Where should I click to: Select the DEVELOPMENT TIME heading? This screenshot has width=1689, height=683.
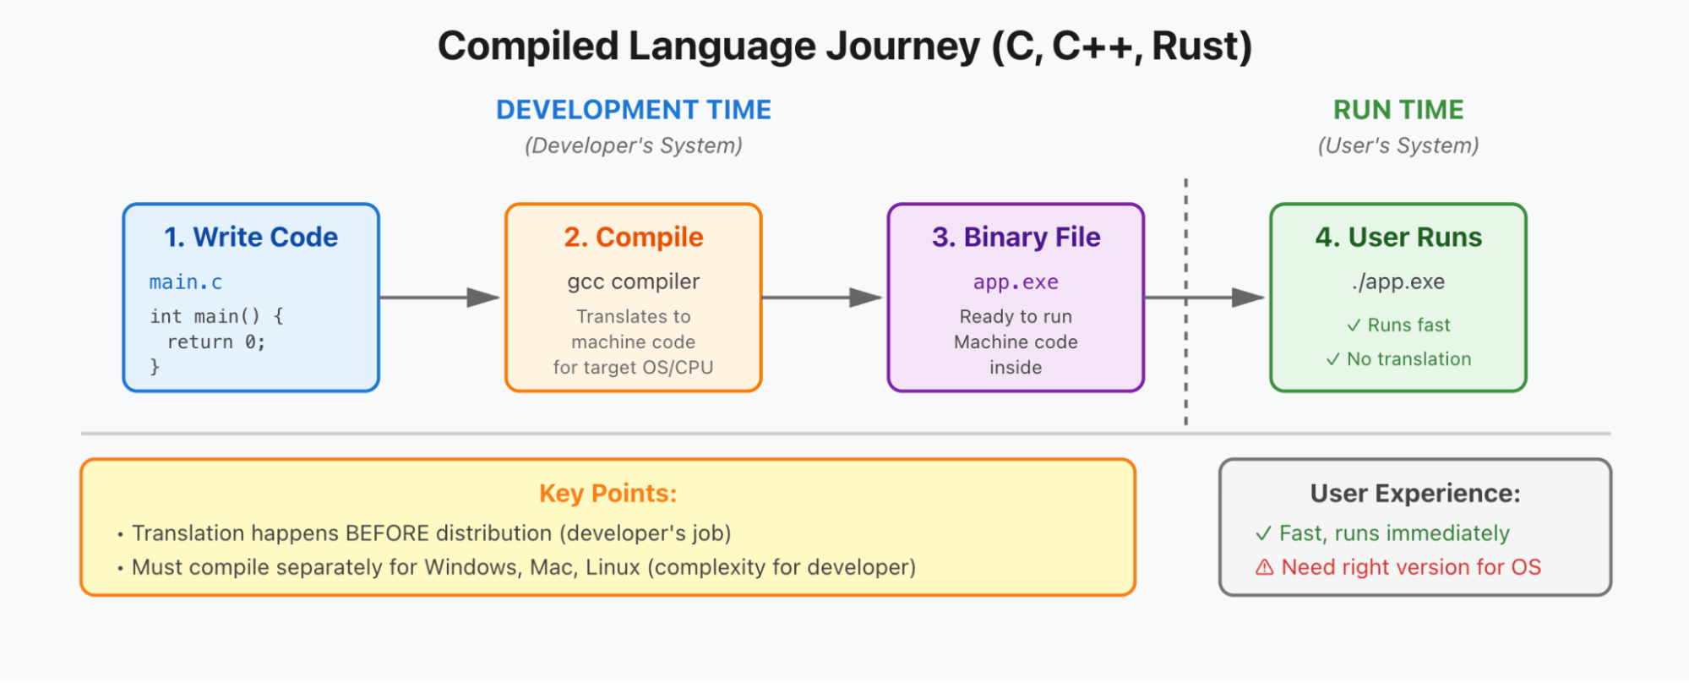point(634,110)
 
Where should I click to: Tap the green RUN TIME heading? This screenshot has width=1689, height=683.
point(1398,110)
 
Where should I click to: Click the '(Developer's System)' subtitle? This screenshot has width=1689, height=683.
point(634,145)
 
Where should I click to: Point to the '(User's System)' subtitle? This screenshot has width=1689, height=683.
point(1398,145)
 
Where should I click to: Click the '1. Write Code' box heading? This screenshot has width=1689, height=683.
point(251,237)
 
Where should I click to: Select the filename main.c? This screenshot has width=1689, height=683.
point(186,282)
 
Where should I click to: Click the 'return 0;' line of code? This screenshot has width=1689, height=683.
point(216,342)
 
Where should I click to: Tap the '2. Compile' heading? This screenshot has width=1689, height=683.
point(634,237)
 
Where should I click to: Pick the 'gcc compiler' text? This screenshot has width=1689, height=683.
point(634,281)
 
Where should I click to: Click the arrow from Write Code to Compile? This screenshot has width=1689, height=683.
point(439,298)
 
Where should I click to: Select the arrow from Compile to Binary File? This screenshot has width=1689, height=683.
point(822,298)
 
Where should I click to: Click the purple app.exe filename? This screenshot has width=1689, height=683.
point(1016,282)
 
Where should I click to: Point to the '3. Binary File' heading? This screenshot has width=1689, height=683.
point(1016,237)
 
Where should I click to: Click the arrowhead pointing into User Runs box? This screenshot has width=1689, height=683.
point(1248,298)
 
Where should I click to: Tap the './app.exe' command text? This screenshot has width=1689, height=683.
point(1398,281)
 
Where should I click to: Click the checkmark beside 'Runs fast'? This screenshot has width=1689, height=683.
point(1354,325)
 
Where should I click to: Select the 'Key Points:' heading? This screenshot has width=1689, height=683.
point(608,493)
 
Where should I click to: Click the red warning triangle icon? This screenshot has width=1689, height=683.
point(1264,567)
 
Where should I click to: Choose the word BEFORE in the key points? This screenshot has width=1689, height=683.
point(387,533)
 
